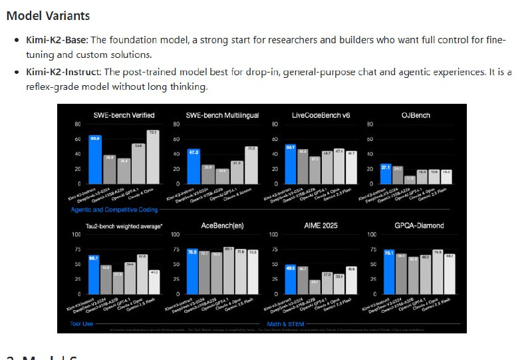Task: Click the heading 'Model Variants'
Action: click(x=48, y=15)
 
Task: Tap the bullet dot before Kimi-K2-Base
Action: click(x=17, y=41)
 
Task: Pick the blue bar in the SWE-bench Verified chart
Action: click(x=96, y=159)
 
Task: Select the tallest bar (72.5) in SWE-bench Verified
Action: click(x=152, y=157)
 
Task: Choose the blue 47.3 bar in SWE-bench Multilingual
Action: click(x=194, y=166)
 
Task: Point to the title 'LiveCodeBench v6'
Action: click(x=321, y=115)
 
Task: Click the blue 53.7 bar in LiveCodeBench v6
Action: click(x=291, y=163)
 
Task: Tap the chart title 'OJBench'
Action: click(x=416, y=115)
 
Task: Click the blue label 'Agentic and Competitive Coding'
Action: click(x=115, y=210)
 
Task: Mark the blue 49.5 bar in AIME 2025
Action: click(x=291, y=279)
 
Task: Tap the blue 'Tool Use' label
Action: click(x=82, y=324)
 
